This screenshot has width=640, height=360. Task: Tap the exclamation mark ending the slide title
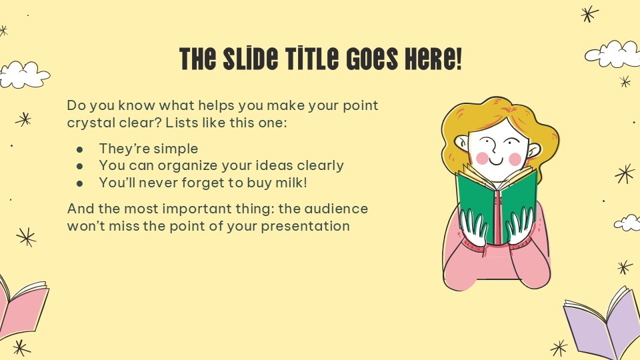[x=457, y=59]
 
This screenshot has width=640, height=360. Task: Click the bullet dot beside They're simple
[x=80, y=149]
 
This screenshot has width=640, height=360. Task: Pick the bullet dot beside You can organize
[x=80, y=166]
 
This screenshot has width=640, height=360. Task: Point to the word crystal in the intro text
[x=91, y=123]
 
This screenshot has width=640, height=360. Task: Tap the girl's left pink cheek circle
[x=482, y=158]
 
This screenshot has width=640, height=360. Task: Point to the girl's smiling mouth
[x=497, y=161]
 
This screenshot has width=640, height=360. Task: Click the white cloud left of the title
[x=25, y=75]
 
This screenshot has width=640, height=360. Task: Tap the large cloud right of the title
[x=612, y=54]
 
